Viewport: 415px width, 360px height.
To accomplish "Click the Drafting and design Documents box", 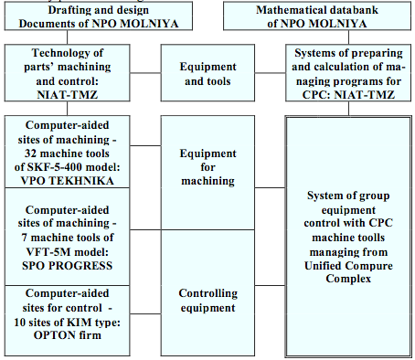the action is [99, 16].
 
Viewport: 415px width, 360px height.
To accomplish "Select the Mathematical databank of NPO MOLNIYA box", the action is [317, 16].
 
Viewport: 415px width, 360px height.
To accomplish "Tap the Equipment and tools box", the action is [207, 73].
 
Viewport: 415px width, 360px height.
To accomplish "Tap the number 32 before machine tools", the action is [30, 154].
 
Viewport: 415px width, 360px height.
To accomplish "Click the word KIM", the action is [80, 322].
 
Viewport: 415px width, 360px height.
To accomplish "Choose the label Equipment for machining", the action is [207, 167].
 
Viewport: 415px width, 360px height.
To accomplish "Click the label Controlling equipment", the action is [207, 301].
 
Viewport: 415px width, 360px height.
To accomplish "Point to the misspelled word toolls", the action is [368, 238].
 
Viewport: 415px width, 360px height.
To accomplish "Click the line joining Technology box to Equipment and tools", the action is [145, 73].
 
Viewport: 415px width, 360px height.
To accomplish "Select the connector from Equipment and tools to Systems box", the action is [271, 73].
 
